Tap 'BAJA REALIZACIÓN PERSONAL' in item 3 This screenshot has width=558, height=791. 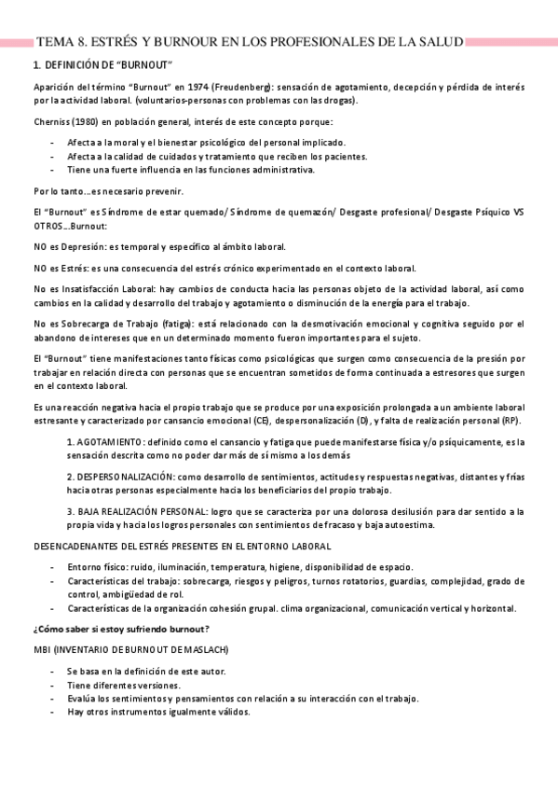(x=143, y=512)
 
